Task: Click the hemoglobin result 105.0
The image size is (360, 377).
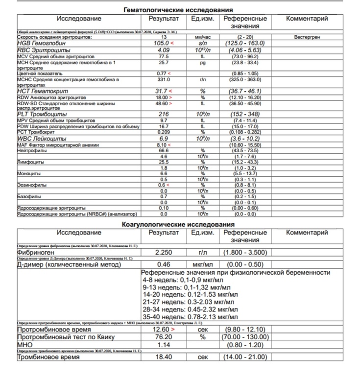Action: (161, 43)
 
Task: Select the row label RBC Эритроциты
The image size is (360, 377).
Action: (44, 50)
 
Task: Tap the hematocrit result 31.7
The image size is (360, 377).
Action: (161, 91)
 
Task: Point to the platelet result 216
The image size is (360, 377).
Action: (164, 114)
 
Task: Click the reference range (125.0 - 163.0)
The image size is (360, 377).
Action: (244, 43)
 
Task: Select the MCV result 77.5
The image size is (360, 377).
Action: (164, 56)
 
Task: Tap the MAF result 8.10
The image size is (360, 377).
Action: (163, 145)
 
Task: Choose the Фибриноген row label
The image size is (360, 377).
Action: (39, 253)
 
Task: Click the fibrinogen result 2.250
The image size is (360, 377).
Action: (164, 253)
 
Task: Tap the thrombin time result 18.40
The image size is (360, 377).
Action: (164, 357)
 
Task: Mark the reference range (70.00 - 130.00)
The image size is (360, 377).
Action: (244, 337)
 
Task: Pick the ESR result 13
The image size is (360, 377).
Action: (164, 37)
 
